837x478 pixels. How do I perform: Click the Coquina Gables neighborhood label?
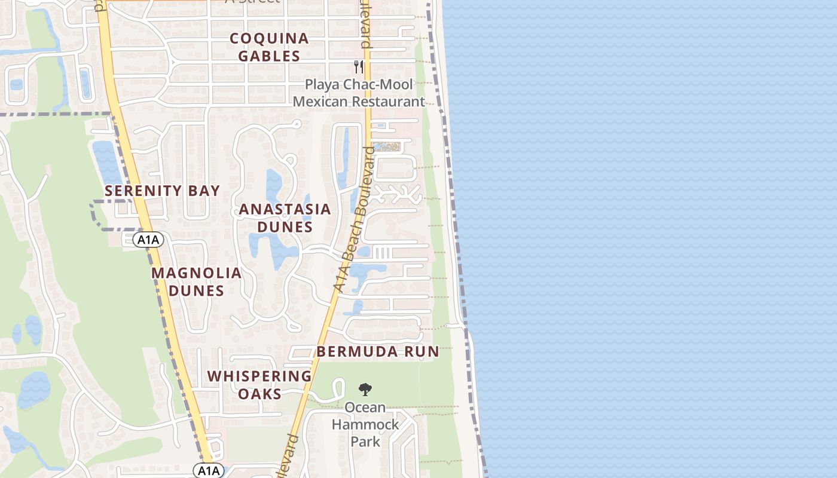point(270,47)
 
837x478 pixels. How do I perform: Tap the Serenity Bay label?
point(163,191)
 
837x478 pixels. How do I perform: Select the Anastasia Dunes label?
point(285,217)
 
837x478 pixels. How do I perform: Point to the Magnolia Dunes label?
point(196,282)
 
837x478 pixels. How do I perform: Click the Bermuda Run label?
point(378,351)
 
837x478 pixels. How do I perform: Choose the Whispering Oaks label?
point(259,385)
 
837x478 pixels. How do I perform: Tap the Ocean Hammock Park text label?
point(365,424)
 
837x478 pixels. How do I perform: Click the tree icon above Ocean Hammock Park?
point(365,390)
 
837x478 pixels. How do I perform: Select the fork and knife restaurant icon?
point(359,66)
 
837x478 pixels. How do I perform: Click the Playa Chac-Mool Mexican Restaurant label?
point(359,93)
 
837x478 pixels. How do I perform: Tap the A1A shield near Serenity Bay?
point(148,240)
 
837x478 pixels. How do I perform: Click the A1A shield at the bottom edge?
point(209,470)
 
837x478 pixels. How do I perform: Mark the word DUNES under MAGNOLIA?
point(196,291)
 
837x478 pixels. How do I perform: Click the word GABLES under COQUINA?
point(270,56)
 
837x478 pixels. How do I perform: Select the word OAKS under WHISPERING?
point(259,394)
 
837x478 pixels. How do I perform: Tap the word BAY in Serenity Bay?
point(206,191)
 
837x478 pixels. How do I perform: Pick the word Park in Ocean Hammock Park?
point(365,442)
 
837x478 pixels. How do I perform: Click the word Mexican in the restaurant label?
point(320,102)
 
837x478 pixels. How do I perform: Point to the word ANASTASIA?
point(285,209)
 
